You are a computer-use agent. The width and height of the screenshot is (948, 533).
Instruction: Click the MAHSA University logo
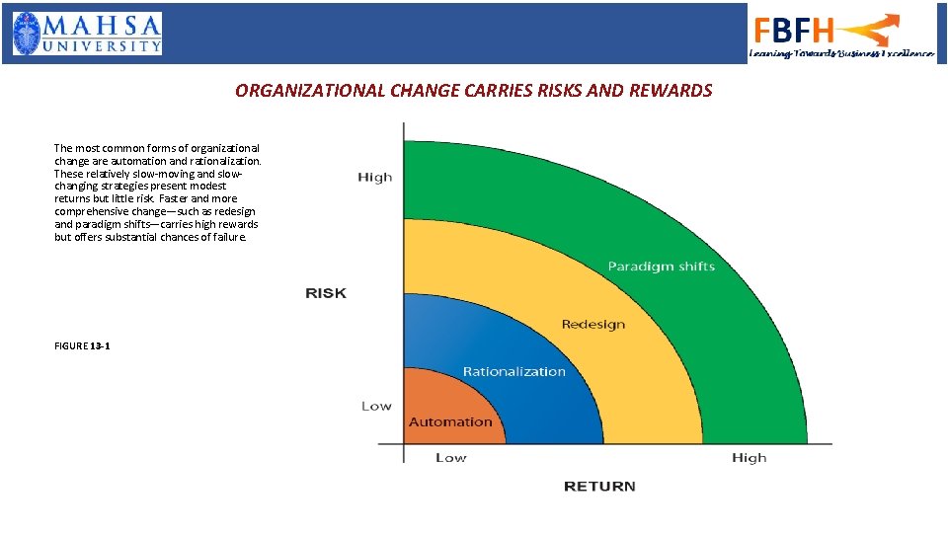pos(87,34)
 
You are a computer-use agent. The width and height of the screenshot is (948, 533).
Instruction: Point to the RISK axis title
pos(326,293)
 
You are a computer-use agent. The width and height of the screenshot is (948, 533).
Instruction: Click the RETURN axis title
pos(599,486)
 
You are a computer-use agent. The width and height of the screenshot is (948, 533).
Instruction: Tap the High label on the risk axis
pos(374,178)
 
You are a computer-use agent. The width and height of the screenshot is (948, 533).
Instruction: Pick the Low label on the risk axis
pos(375,406)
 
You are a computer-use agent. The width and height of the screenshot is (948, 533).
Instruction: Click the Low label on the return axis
pos(450,457)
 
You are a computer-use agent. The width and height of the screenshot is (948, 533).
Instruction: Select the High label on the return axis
pos(749,457)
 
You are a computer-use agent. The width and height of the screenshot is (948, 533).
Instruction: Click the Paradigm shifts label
pos(661,266)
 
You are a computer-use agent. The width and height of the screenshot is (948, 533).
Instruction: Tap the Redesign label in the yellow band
pos(592,325)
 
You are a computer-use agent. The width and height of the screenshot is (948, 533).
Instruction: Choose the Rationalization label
pos(513,372)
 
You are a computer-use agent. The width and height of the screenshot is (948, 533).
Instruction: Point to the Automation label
pos(450,422)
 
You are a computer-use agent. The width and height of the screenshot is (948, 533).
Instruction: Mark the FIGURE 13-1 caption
pos(82,346)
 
